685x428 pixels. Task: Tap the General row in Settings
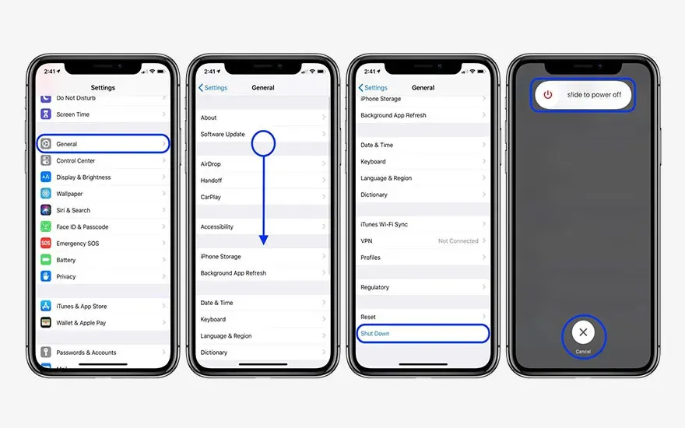click(102, 144)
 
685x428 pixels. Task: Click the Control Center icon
click(46, 161)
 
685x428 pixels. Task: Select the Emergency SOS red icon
click(46, 244)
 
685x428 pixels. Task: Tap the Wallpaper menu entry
click(69, 194)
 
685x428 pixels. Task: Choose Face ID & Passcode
click(83, 227)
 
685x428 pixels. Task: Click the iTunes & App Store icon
click(46, 307)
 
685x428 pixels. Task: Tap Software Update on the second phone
click(223, 135)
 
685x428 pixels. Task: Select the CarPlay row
click(211, 197)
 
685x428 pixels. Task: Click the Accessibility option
click(217, 227)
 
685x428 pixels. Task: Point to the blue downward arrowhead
click(264, 240)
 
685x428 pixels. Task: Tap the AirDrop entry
click(211, 164)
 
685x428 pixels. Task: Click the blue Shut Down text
click(375, 334)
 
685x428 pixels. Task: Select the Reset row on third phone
click(368, 317)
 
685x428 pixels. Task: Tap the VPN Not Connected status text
click(458, 241)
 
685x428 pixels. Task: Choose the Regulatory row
click(375, 287)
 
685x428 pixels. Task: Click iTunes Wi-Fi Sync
click(385, 224)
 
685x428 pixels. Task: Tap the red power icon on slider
click(548, 95)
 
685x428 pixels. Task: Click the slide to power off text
click(594, 95)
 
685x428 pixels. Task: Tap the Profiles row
click(371, 258)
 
